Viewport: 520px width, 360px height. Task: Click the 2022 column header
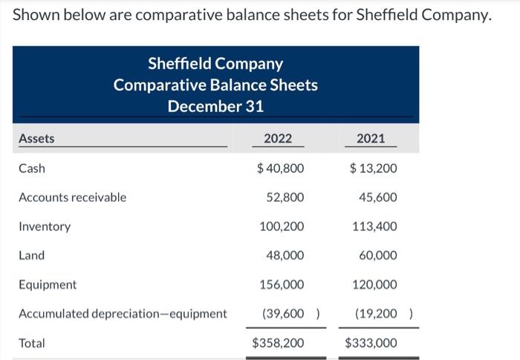coord(279,138)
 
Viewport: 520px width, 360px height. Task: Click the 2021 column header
coord(371,138)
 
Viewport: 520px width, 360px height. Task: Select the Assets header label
coord(36,138)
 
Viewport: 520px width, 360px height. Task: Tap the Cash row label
coord(32,168)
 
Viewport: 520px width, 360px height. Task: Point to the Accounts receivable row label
coord(72,197)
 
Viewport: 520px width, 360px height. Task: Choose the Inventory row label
coord(45,226)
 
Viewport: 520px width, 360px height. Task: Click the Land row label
coord(32,255)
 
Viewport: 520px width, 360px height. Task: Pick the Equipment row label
coord(48,284)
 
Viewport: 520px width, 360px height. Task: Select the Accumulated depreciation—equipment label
coord(123,313)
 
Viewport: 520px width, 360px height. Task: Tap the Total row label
coord(32,343)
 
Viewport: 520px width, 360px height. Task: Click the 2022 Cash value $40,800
coord(280,168)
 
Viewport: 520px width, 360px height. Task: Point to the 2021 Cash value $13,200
coord(373,168)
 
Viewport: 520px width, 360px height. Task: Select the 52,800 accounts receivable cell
coord(285,197)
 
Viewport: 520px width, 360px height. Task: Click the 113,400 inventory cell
coord(375,226)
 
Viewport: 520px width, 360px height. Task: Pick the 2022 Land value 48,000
coord(285,255)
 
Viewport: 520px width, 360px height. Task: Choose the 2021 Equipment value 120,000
coord(375,284)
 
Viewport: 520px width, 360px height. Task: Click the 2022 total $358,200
coord(278,343)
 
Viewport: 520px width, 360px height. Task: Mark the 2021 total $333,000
coord(371,343)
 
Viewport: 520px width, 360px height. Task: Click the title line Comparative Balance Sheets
coord(215,85)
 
